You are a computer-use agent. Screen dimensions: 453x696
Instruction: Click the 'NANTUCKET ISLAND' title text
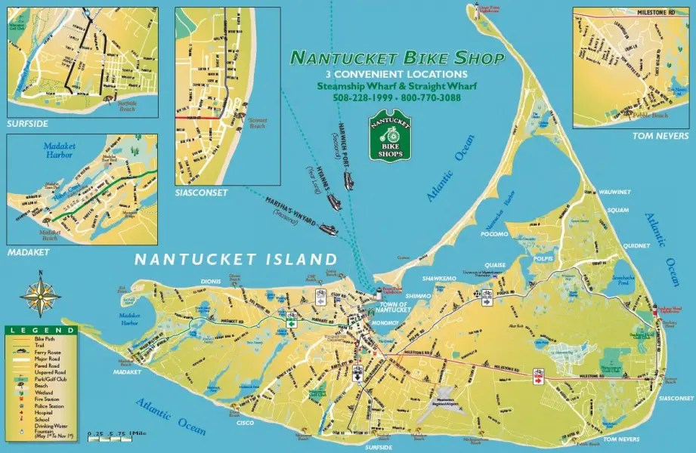235,259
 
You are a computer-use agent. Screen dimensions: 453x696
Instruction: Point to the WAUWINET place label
616,193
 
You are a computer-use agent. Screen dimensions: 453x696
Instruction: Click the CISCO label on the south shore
245,424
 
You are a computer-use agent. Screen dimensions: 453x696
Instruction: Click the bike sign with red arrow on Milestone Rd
539,376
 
